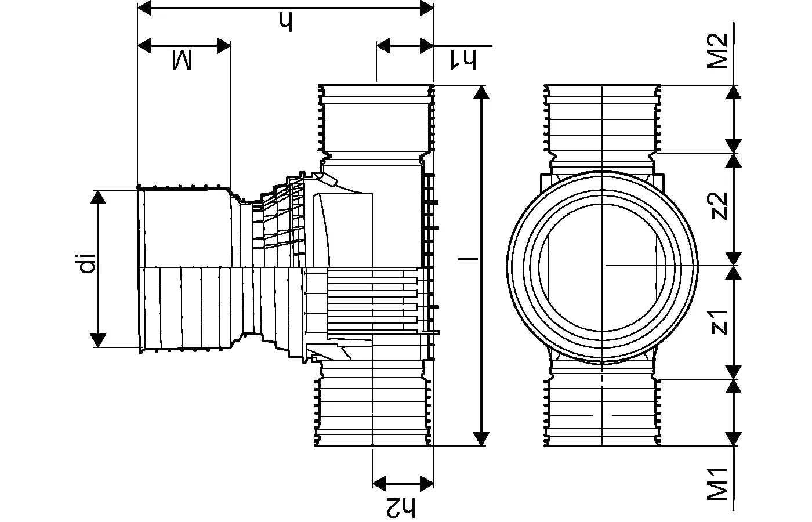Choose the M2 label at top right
tap(717, 51)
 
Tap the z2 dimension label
tap(719, 206)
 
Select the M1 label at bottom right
tap(717, 484)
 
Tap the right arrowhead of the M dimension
tap(224, 45)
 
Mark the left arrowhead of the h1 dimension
tap(384, 45)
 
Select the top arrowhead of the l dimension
tap(481, 93)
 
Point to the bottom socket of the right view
tap(603, 412)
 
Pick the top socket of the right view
tap(603, 119)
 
